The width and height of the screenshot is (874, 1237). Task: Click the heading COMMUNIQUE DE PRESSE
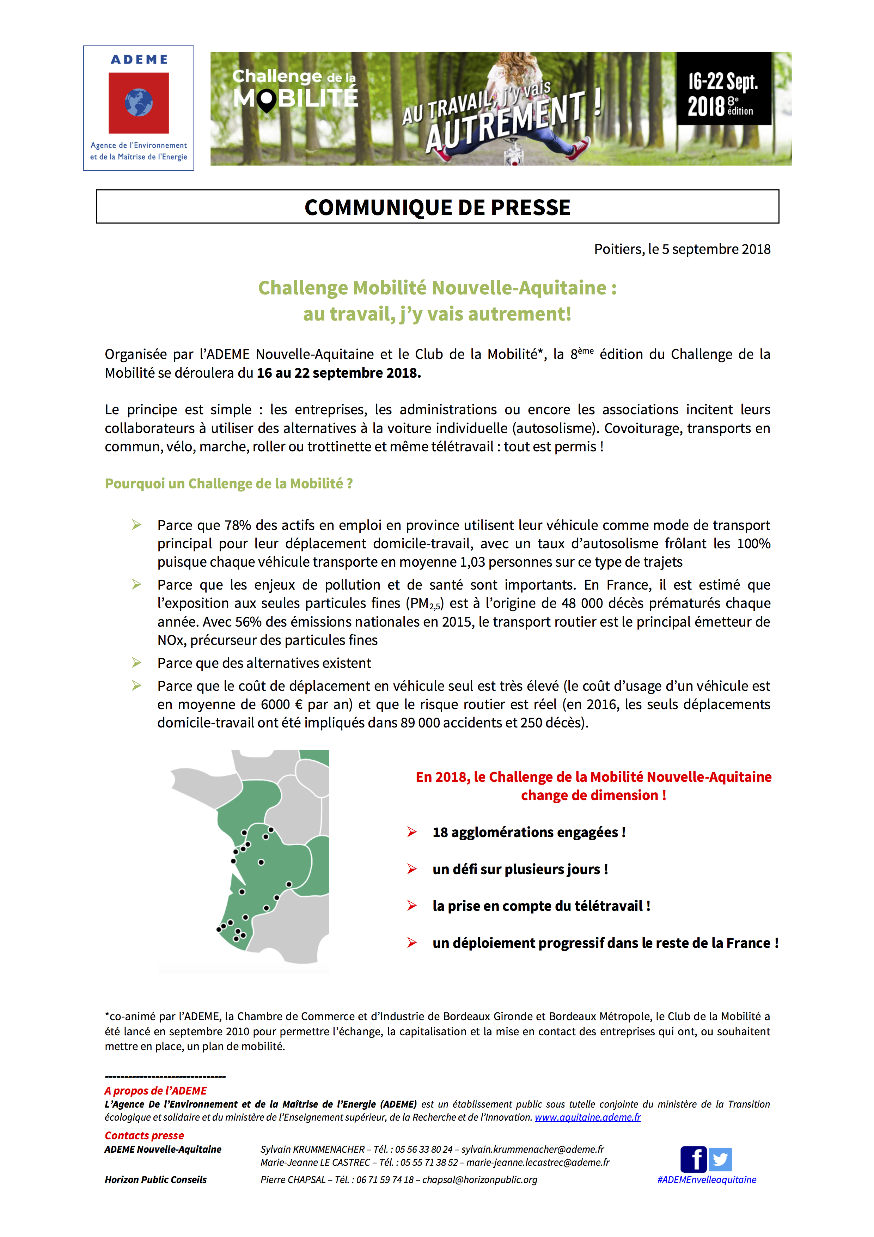[x=437, y=207]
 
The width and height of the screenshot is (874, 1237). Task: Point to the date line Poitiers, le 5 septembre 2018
[x=682, y=249]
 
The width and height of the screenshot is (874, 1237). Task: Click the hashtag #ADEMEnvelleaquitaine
[x=707, y=1180]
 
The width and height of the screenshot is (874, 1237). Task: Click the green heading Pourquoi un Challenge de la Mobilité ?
[x=228, y=483]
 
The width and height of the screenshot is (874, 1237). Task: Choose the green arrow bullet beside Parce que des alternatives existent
[x=137, y=663]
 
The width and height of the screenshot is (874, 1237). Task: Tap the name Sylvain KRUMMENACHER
[x=312, y=1149]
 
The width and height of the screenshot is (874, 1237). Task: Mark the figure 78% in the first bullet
[x=238, y=525]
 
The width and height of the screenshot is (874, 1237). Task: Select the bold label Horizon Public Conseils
[x=155, y=1180]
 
